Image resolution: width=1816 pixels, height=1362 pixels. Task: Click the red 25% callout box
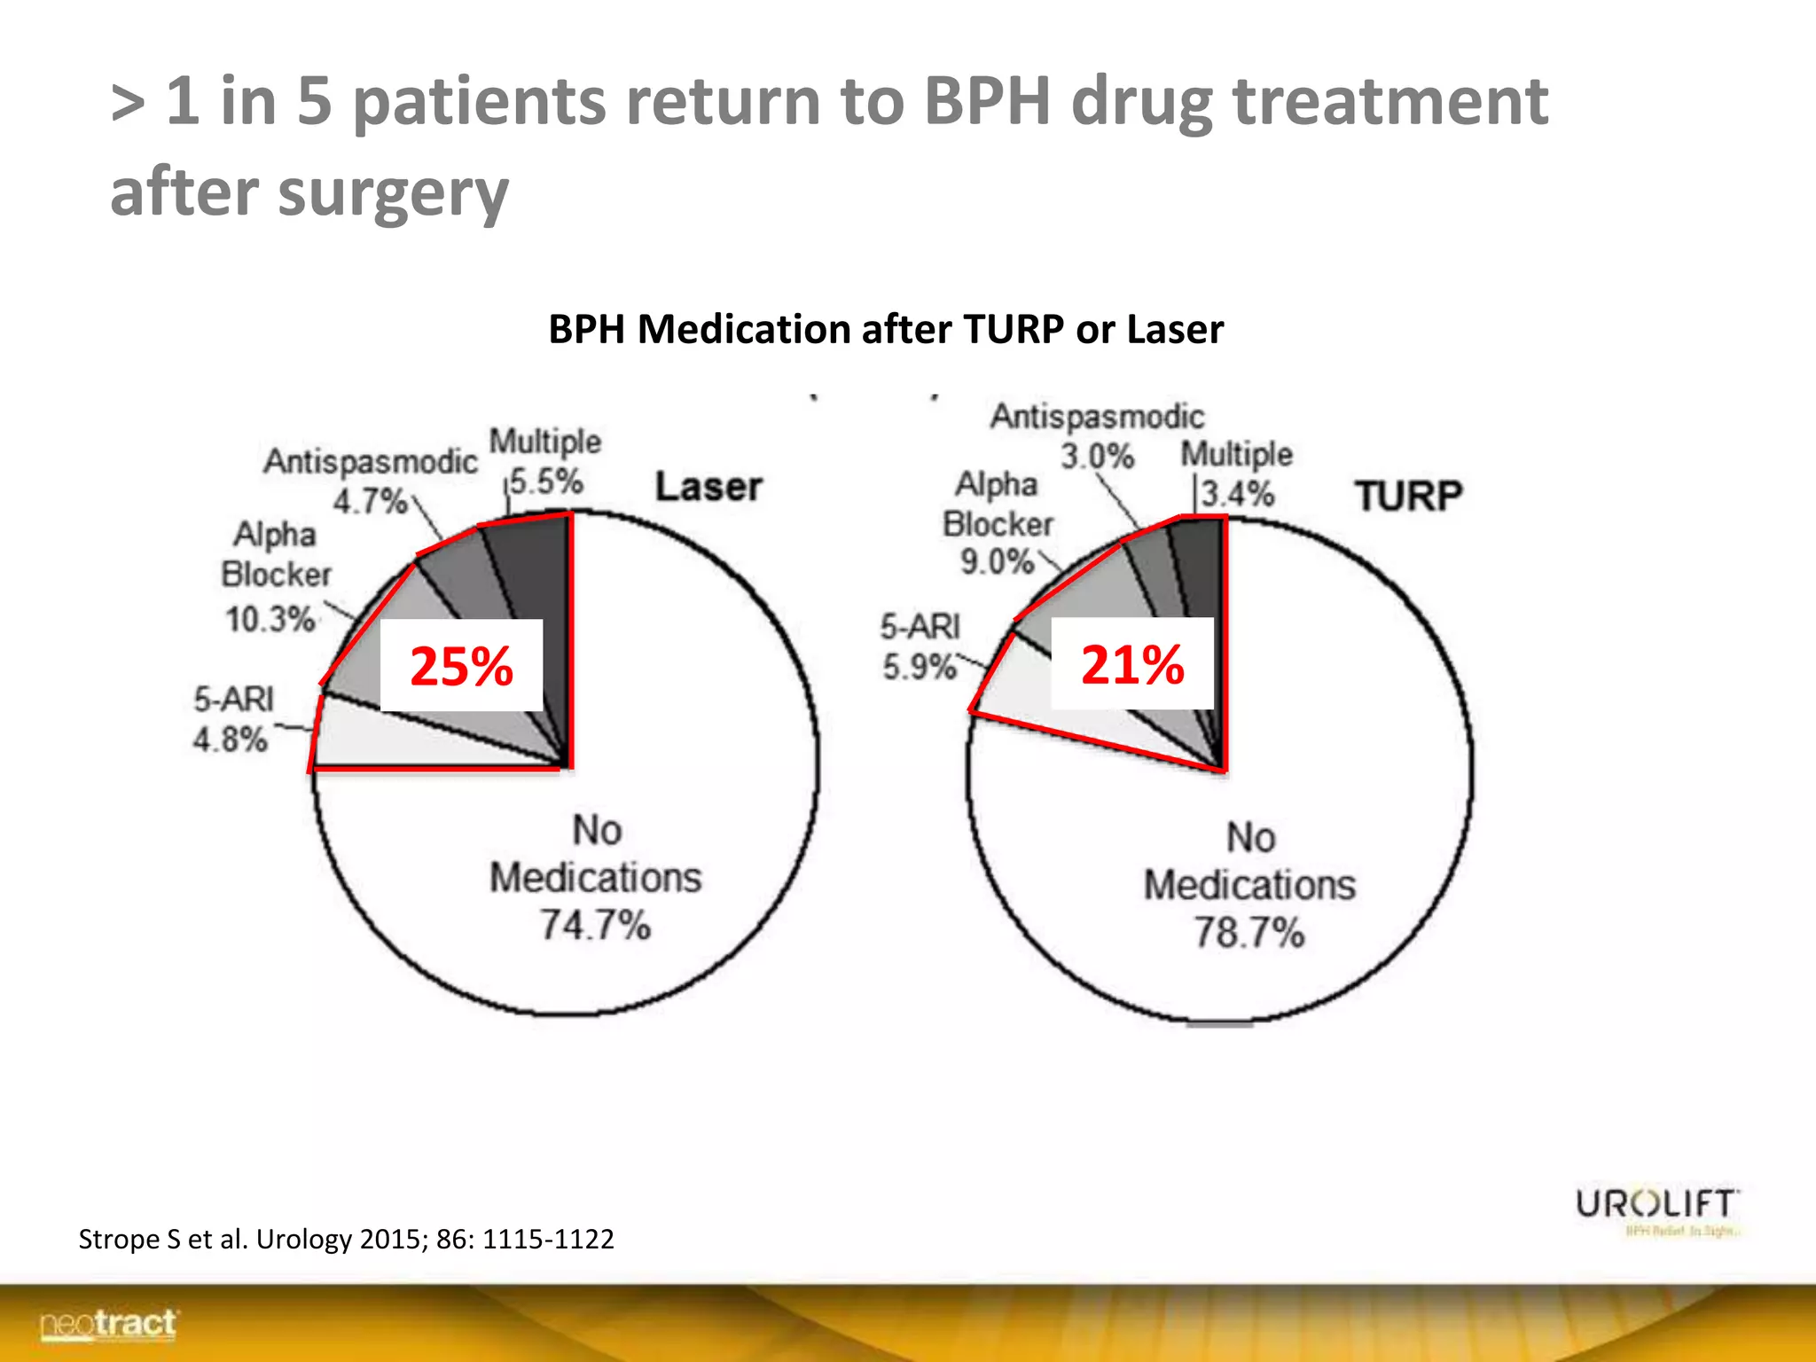pyautogui.click(x=461, y=666)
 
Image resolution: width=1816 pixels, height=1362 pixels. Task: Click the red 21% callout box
pyautogui.click(x=1132, y=664)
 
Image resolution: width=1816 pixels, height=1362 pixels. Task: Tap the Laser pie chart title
pyautogui.click(x=708, y=487)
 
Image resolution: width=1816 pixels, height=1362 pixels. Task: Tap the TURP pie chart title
pyautogui.click(x=1408, y=496)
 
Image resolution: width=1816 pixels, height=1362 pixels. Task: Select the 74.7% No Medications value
pyautogui.click(x=596, y=925)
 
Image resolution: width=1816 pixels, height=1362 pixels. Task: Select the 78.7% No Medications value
pyautogui.click(x=1248, y=932)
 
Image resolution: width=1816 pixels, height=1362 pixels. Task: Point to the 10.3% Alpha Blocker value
pyautogui.click(x=270, y=618)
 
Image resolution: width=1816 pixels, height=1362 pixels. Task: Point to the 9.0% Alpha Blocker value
pyautogui.click(x=997, y=561)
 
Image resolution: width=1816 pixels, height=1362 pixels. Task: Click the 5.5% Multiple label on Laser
pyautogui.click(x=546, y=481)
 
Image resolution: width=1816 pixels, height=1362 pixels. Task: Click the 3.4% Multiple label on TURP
pyautogui.click(x=1238, y=493)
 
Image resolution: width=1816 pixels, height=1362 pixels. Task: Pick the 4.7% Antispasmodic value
pyautogui.click(x=370, y=501)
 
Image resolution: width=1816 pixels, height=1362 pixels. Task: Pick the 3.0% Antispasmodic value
pyautogui.click(x=1098, y=457)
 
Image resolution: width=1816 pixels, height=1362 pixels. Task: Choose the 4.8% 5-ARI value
pyautogui.click(x=231, y=739)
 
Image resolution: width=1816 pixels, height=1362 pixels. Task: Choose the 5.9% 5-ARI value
pyautogui.click(x=920, y=667)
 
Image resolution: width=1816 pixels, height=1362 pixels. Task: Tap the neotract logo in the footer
pyautogui.click(x=108, y=1324)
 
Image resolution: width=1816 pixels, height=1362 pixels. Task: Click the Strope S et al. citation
pyautogui.click(x=346, y=1239)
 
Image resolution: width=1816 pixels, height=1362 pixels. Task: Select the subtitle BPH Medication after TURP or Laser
pyautogui.click(x=885, y=329)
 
